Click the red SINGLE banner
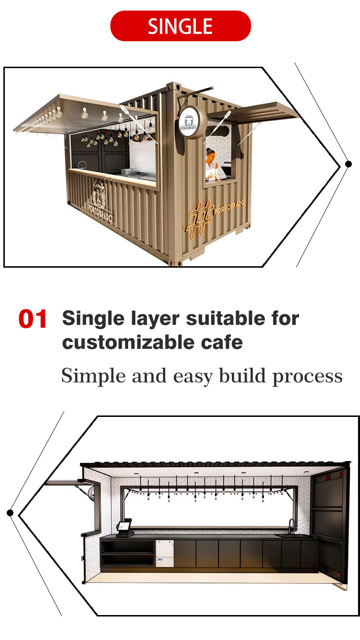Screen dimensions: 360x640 coord(180,26)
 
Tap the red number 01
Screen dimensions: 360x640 coord(33,319)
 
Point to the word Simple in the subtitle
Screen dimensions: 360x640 coord(94,377)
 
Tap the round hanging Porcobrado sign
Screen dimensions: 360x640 coord(191,123)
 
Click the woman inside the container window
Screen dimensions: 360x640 coord(212,165)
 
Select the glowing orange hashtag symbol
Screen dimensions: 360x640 coord(200,218)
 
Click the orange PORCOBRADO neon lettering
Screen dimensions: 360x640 coord(229,207)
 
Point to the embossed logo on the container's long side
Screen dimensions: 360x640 coord(100,201)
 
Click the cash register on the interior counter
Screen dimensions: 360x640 coord(125,528)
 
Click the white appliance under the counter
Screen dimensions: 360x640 coord(165,554)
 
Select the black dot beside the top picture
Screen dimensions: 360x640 coord(348,164)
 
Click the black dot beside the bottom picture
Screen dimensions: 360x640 coord(10,512)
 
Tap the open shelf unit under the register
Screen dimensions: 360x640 coord(127,554)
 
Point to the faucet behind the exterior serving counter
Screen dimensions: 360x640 coord(83,165)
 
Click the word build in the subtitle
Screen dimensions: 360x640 coord(243,376)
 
